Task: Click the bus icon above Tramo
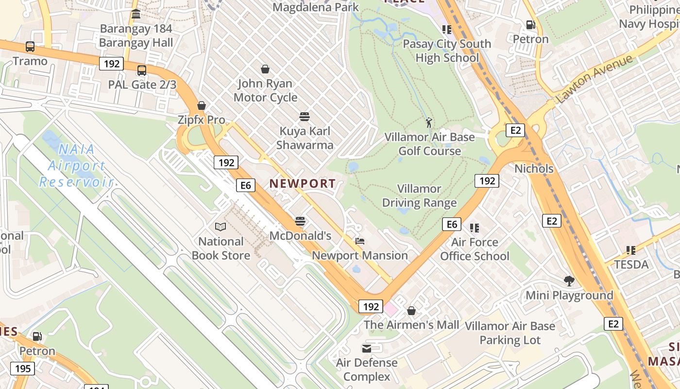[x=30, y=47]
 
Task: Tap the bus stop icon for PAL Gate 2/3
[x=141, y=71]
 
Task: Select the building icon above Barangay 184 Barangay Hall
[x=136, y=14]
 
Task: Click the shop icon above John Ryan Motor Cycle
[x=265, y=70]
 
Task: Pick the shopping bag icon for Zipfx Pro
[x=202, y=106]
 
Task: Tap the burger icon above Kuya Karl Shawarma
[x=305, y=117]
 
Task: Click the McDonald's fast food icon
[x=300, y=221]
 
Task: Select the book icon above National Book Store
[x=221, y=227]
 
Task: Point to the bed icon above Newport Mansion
[x=359, y=241]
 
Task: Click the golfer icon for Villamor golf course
[x=428, y=123]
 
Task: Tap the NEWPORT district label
[x=303, y=183]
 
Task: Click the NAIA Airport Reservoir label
[x=77, y=165]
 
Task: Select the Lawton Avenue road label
[x=595, y=78]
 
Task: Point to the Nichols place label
[x=534, y=169]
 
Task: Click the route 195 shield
[x=23, y=368]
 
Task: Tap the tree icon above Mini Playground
[x=569, y=281]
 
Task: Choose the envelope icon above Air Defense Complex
[x=367, y=348]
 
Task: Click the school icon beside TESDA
[x=631, y=250]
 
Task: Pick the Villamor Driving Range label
[x=419, y=195]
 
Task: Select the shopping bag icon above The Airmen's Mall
[x=411, y=310]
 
